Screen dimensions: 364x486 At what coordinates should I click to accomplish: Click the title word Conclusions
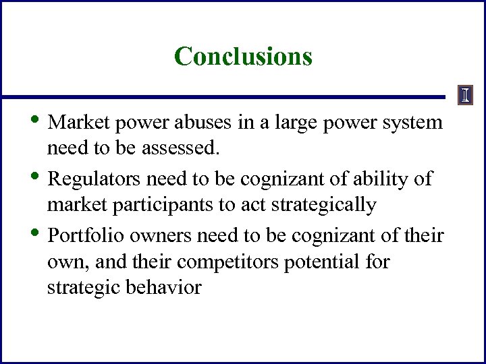click(x=243, y=56)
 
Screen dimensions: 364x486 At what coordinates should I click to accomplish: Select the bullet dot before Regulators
click(x=40, y=177)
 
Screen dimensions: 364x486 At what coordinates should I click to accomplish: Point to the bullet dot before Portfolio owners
click(x=40, y=233)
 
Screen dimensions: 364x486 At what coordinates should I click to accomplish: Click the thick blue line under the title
click(x=223, y=97)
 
